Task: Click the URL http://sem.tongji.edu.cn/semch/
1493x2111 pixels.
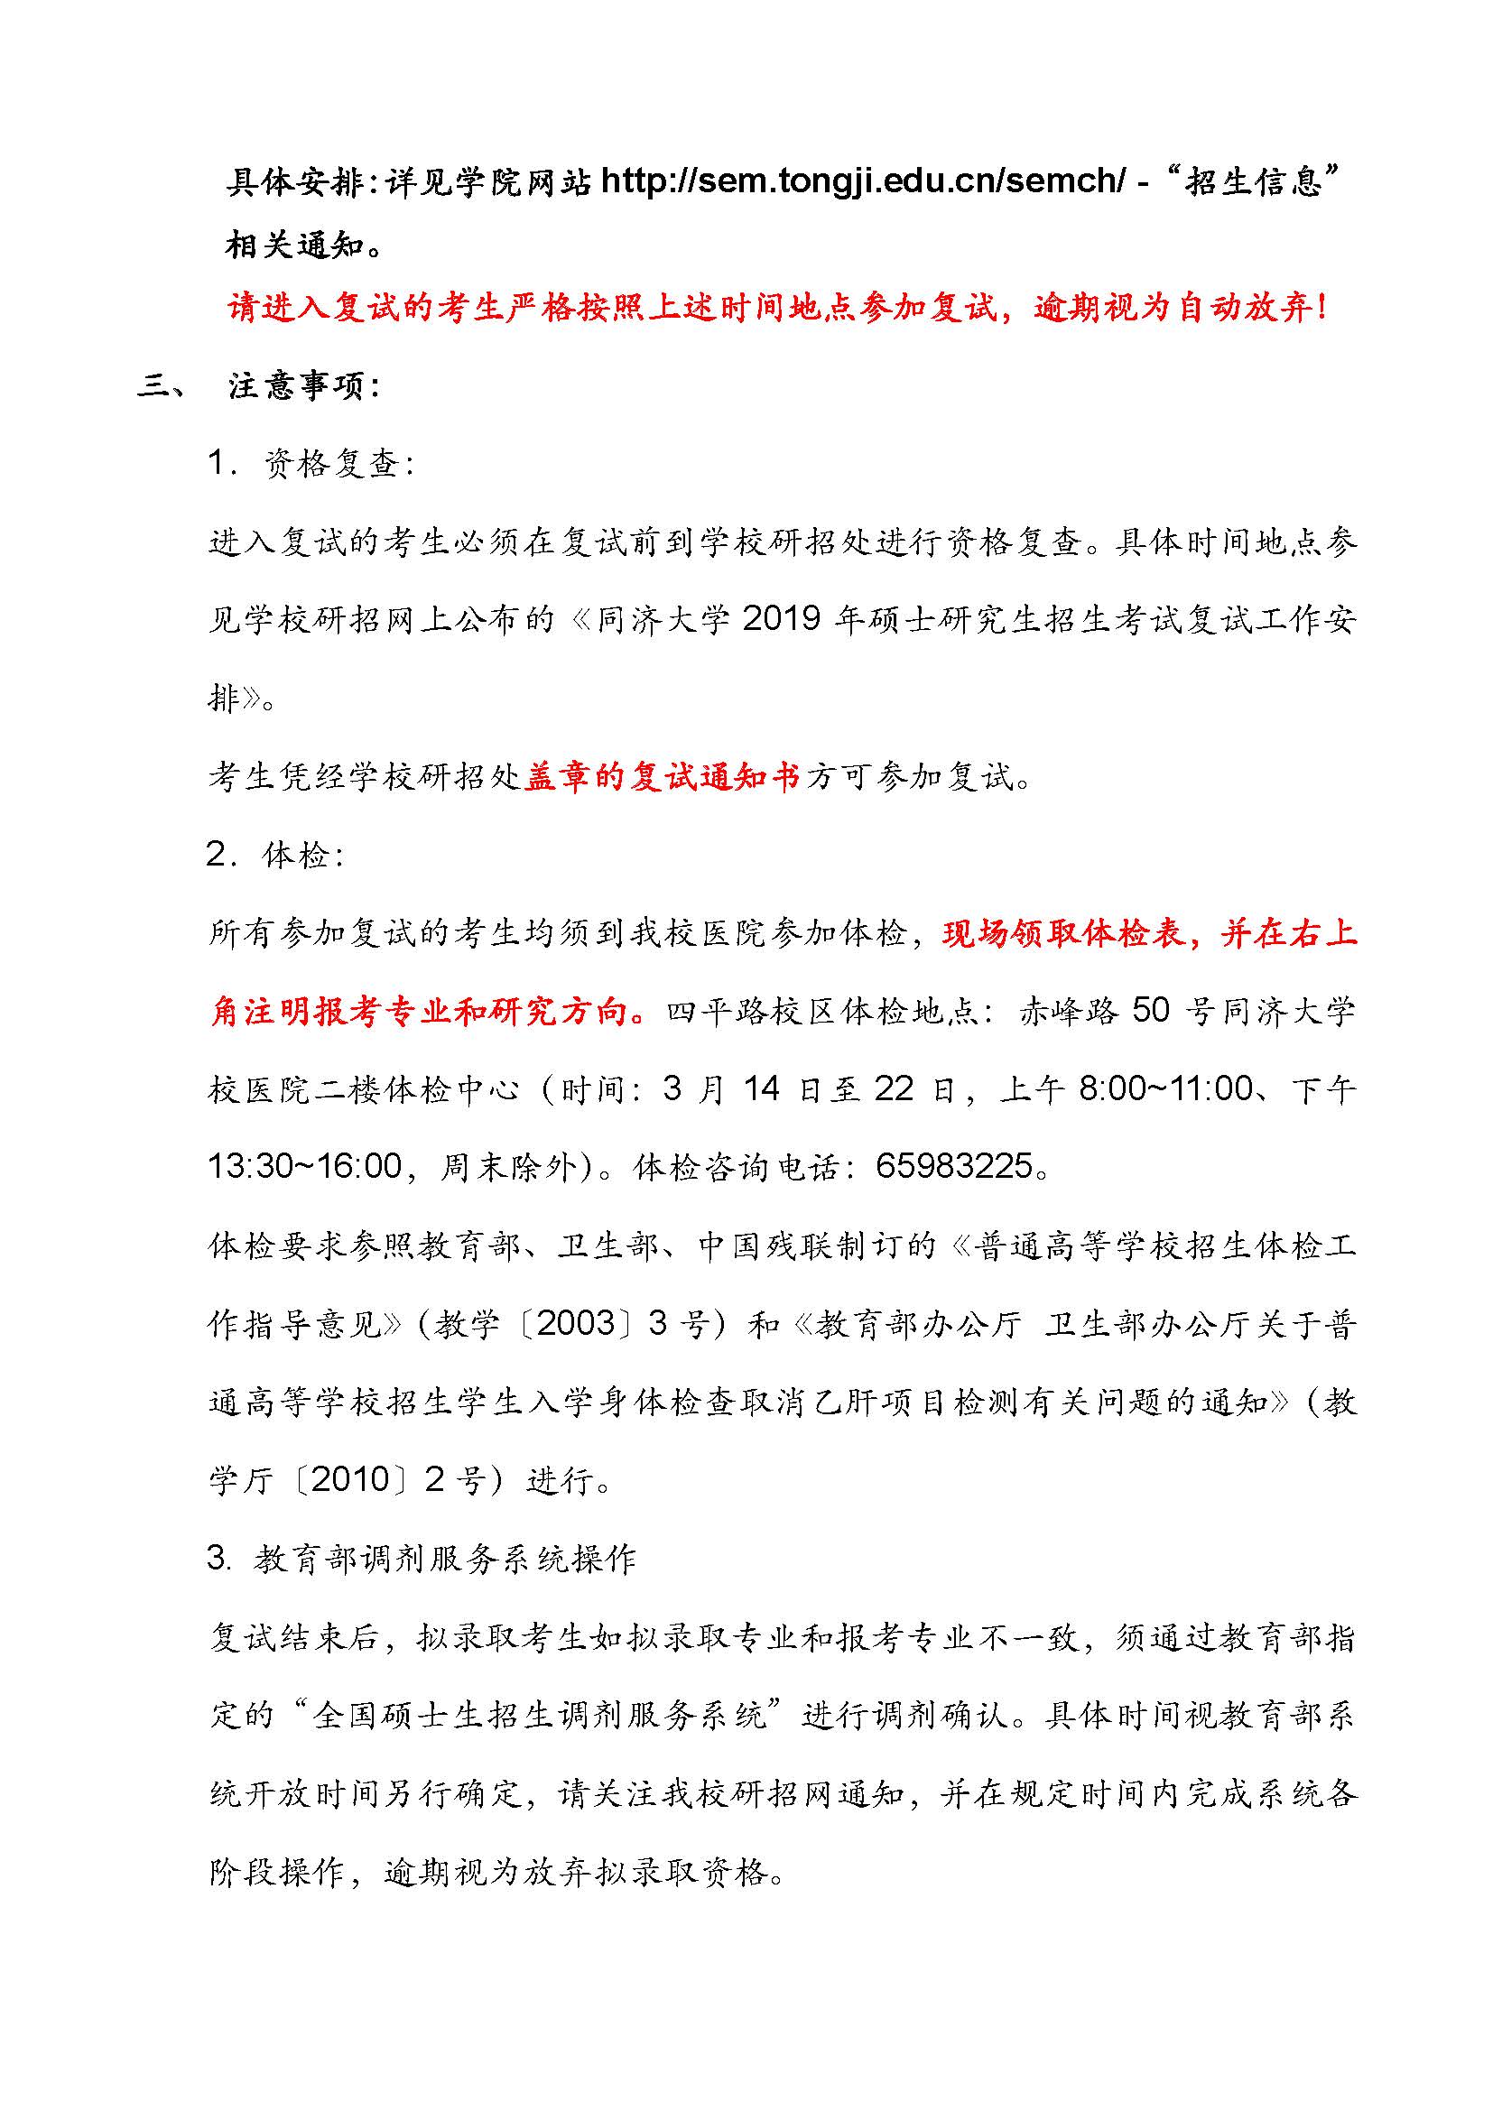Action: tap(861, 181)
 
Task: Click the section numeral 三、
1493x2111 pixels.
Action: tap(162, 386)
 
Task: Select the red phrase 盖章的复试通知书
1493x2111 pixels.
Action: tap(662, 777)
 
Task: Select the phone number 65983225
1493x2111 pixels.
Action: tap(952, 1168)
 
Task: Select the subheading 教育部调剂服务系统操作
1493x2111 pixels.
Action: tap(445, 1560)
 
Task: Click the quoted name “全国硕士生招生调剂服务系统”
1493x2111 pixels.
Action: tap(539, 1716)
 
